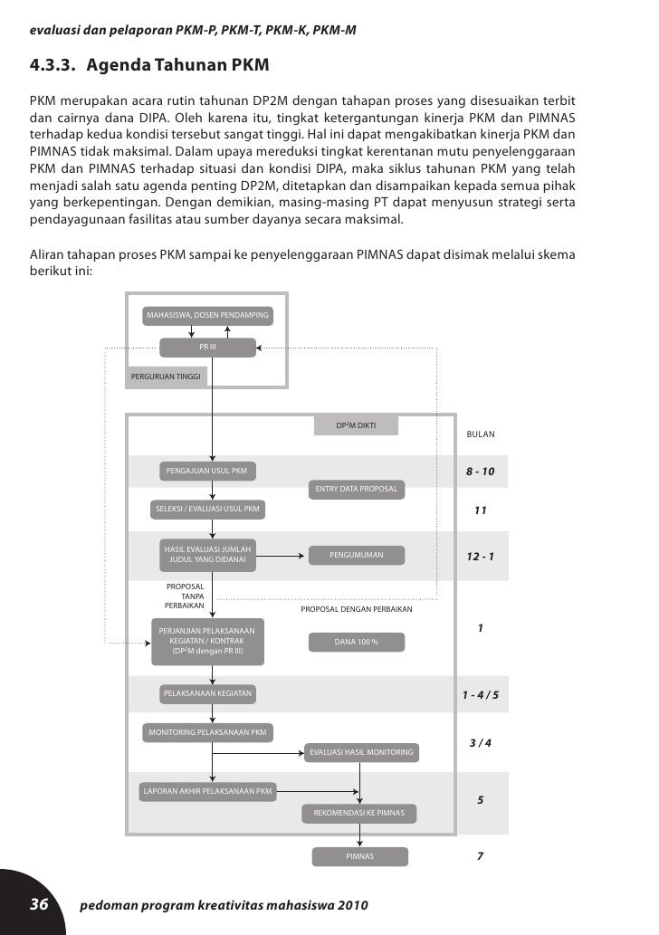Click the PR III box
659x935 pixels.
coord(207,347)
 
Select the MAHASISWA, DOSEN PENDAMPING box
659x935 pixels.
coord(207,315)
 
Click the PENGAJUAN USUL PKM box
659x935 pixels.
coord(207,471)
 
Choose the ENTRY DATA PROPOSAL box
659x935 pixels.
coord(356,490)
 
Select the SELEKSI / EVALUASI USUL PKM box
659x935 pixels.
coord(207,510)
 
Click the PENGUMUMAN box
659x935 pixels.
coord(356,555)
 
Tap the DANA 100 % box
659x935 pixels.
coord(356,642)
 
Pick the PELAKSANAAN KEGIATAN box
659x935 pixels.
coord(207,694)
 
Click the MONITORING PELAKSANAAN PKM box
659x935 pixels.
coord(207,731)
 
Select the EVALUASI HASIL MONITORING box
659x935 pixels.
coord(361,752)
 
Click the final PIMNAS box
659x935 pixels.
coord(359,856)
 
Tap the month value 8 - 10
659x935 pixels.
coord(481,472)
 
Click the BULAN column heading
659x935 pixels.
coord(481,434)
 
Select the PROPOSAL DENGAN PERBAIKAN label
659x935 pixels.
coord(356,609)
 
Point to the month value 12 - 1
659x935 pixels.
coord(481,556)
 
